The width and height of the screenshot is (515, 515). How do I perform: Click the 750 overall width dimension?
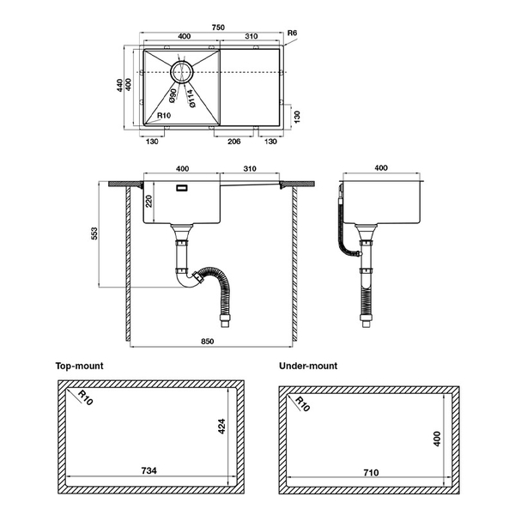[x=218, y=27]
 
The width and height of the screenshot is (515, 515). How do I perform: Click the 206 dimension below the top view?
[x=233, y=142]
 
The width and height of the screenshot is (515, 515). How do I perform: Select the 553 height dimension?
[x=94, y=234]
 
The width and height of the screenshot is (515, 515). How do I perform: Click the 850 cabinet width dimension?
[x=208, y=342]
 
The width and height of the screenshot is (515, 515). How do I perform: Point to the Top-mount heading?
[x=79, y=366]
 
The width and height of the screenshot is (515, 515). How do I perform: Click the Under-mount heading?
[x=308, y=366]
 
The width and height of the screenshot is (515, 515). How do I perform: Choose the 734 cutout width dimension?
[x=147, y=470]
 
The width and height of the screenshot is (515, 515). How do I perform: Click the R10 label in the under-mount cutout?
[x=302, y=404]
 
